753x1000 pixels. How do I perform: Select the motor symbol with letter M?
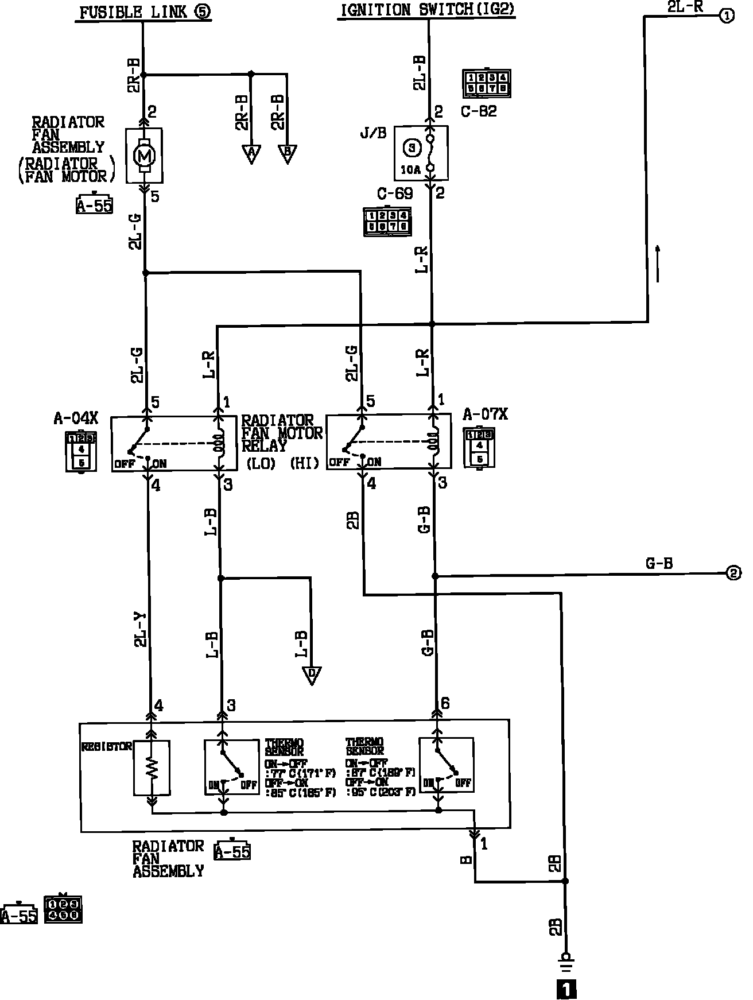coord(144,155)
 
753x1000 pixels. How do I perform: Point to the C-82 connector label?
coord(479,111)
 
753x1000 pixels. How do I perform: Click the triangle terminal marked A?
coord(251,153)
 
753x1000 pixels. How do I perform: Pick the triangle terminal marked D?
coord(312,675)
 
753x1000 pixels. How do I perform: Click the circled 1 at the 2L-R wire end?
coord(725,16)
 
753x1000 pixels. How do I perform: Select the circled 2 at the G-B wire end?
coord(733,573)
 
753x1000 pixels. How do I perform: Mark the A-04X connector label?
coord(76,418)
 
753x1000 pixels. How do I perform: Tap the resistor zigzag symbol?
coord(152,768)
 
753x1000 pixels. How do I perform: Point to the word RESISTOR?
coord(107,746)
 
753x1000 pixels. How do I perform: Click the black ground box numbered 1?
coord(566,989)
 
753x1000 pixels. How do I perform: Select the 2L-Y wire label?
coord(141,630)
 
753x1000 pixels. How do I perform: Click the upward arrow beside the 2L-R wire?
coord(658,263)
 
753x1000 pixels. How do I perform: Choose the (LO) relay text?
coord(261,464)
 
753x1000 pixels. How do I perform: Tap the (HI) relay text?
coord(304,464)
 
